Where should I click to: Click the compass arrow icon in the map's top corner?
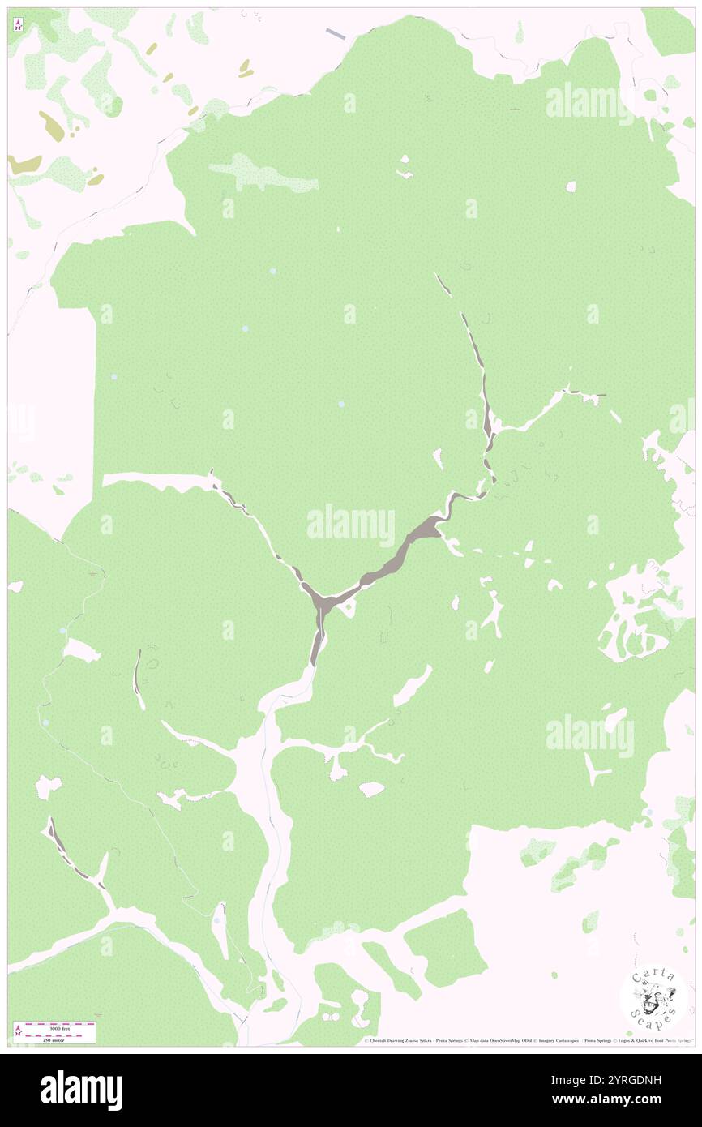(17, 25)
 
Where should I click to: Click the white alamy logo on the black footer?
(81, 1090)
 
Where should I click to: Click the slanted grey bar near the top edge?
(336, 33)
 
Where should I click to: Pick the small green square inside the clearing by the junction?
(349, 611)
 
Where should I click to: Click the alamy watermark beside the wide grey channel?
(351, 523)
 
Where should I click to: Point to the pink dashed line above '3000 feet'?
(57, 1023)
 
